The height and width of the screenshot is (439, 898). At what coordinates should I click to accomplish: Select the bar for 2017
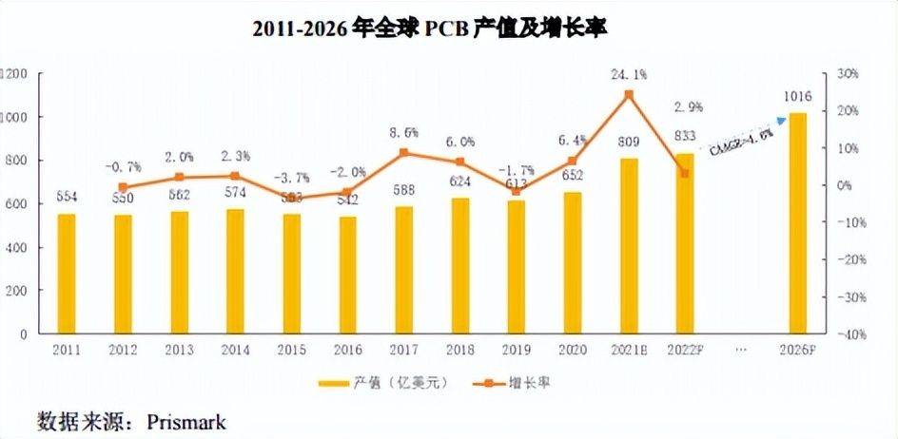[404, 270]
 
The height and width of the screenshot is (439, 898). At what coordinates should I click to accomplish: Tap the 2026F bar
[797, 223]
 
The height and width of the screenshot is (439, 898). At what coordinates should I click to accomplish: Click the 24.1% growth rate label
[629, 73]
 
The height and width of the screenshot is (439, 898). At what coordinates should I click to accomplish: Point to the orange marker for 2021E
[629, 94]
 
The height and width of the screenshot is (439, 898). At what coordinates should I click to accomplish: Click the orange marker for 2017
[404, 152]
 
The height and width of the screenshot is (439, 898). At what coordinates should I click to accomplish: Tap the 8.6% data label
[404, 132]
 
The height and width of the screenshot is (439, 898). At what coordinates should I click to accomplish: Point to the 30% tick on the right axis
[848, 74]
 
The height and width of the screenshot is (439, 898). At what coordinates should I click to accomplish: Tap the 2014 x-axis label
[235, 352]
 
